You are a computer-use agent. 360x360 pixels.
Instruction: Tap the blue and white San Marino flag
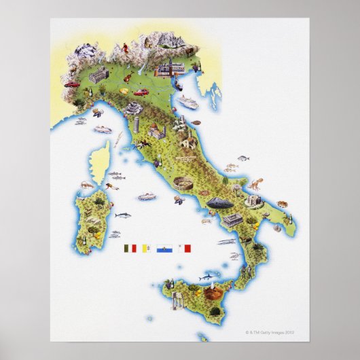coord(163,249)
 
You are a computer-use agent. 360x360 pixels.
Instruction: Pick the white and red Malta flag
coord(183,249)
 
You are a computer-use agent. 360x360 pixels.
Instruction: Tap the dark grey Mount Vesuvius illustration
coord(222,202)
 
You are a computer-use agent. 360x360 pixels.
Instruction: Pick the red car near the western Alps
coord(72,84)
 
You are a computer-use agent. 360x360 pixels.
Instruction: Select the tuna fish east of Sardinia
coord(123,214)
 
